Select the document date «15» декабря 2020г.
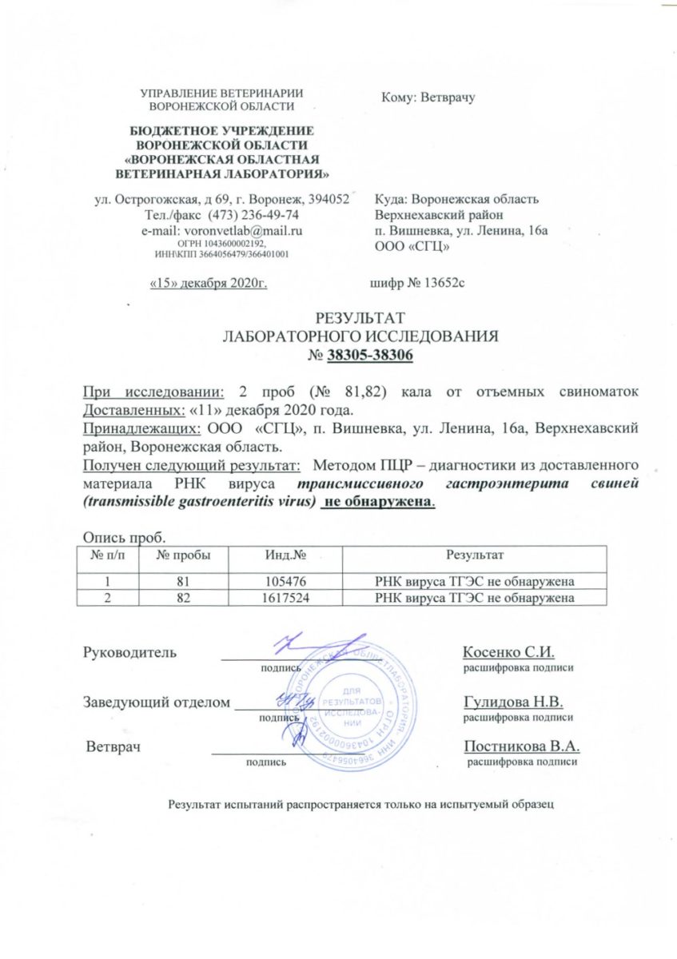209,284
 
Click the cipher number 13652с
438,284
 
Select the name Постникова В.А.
521,746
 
